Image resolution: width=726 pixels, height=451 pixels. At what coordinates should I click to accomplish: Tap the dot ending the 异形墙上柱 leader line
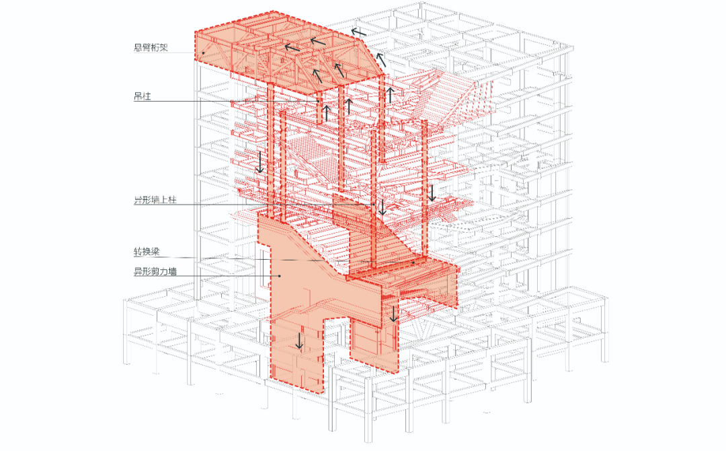[373, 204]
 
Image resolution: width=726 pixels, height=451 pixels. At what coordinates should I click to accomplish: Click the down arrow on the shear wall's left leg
[300, 341]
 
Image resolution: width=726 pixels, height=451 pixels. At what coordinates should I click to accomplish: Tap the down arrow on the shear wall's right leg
[395, 312]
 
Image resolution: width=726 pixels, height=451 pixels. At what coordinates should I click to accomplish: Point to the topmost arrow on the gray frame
[360, 31]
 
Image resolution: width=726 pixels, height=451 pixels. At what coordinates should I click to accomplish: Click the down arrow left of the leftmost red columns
[260, 162]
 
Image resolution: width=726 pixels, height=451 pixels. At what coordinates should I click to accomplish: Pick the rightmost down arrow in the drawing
[432, 193]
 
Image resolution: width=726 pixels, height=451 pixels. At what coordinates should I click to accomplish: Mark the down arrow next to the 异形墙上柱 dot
[382, 206]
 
